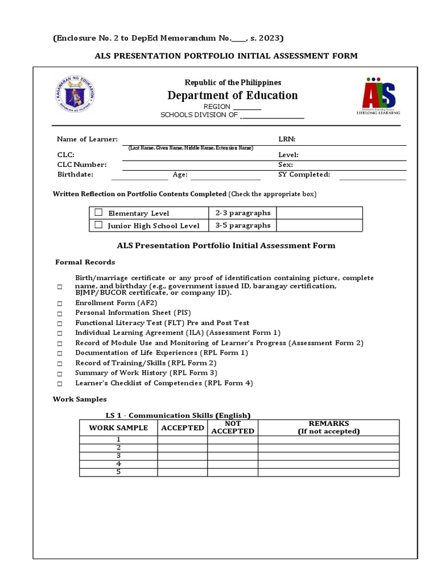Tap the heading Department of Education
(232, 95)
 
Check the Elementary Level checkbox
(98, 212)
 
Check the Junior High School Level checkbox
(98, 225)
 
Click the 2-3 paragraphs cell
(242, 213)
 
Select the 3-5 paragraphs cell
(242, 225)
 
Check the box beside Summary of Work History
(59, 374)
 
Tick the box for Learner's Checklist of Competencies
(59, 384)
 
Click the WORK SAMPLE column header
(118, 428)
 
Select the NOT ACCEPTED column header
(233, 428)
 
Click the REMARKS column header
(328, 428)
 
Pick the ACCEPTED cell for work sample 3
(183, 456)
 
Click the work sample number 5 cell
(118, 472)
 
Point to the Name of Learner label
(87, 139)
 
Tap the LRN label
(287, 139)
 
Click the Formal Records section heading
(85, 262)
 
